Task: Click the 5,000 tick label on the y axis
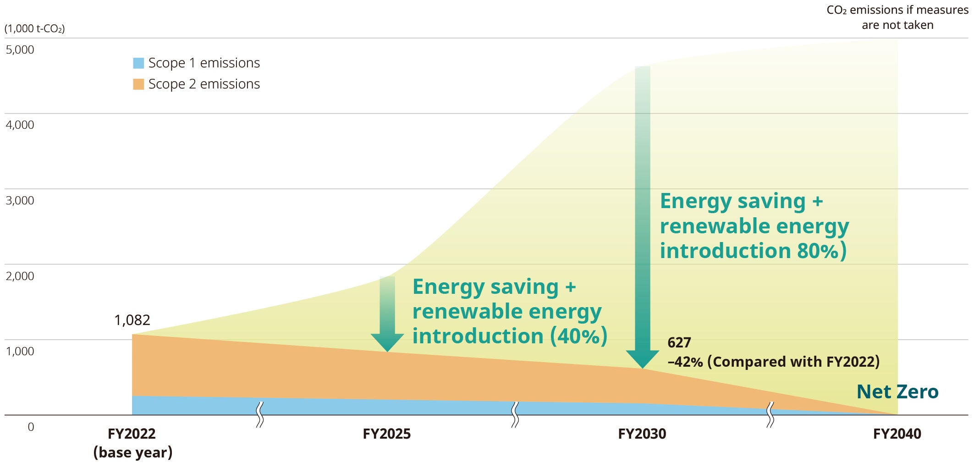click(x=20, y=50)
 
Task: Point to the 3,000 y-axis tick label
click(x=20, y=200)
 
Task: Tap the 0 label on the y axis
click(x=31, y=427)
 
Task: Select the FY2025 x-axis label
click(x=386, y=434)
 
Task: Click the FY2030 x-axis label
click(x=642, y=434)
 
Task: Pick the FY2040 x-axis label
click(x=897, y=434)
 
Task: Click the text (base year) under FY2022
click(x=133, y=452)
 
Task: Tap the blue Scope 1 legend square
click(x=138, y=63)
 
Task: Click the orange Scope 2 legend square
click(x=138, y=84)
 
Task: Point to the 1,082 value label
click(x=132, y=320)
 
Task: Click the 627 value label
click(x=679, y=342)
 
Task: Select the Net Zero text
click(x=897, y=392)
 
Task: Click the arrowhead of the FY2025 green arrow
click(x=387, y=342)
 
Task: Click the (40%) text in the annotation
click(x=578, y=336)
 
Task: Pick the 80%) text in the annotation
click(x=821, y=251)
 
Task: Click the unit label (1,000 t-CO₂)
click(x=34, y=28)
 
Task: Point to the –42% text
click(x=685, y=362)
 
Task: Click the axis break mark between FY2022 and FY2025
click(x=260, y=414)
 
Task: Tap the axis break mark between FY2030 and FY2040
click(x=770, y=414)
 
